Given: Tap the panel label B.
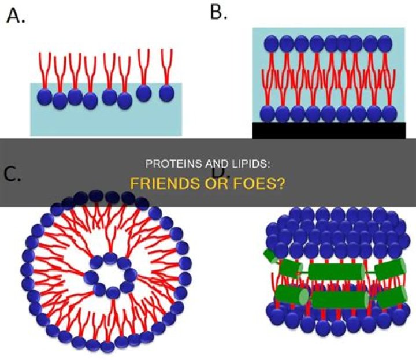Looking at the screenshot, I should click(218, 12).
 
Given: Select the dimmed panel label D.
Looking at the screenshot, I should click(219, 171).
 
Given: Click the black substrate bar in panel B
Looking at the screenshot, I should click(328, 131).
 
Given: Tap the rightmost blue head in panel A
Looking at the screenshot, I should click(167, 92).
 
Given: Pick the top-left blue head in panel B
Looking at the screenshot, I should click(271, 43).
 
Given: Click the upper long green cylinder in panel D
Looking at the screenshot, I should click(335, 271).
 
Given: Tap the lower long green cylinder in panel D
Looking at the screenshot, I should click(340, 299).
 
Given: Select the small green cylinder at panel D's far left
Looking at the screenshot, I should click(270, 256).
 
